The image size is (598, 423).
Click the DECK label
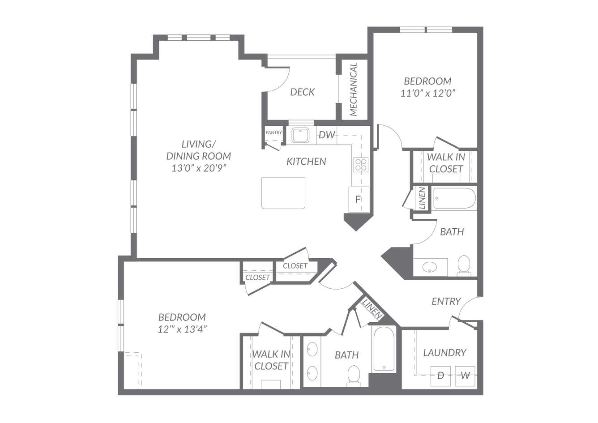tap(302, 92)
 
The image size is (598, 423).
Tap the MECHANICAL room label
tap(353, 89)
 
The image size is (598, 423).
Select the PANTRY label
tap(273, 132)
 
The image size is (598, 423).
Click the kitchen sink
tap(300, 135)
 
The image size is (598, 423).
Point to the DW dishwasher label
tap(327, 135)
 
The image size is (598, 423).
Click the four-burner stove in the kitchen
tap(361, 165)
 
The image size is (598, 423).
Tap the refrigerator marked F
tap(359, 200)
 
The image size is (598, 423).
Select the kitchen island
tap(283, 193)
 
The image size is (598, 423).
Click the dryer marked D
tap(440, 376)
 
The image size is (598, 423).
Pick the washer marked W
tap(465, 376)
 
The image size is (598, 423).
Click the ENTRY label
tap(446, 302)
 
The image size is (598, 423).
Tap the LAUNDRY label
tap(445, 353)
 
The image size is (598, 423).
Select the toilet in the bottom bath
tap(354, 376)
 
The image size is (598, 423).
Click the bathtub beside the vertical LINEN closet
tap(454, 198)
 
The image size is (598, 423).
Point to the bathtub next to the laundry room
tap(384, 349)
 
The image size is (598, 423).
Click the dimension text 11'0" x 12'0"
tap(427, 93)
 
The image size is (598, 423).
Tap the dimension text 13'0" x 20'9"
tap(199, 168)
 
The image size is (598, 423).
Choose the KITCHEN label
tap(306, 162)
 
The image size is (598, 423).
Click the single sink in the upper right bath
tap(430, 266)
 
